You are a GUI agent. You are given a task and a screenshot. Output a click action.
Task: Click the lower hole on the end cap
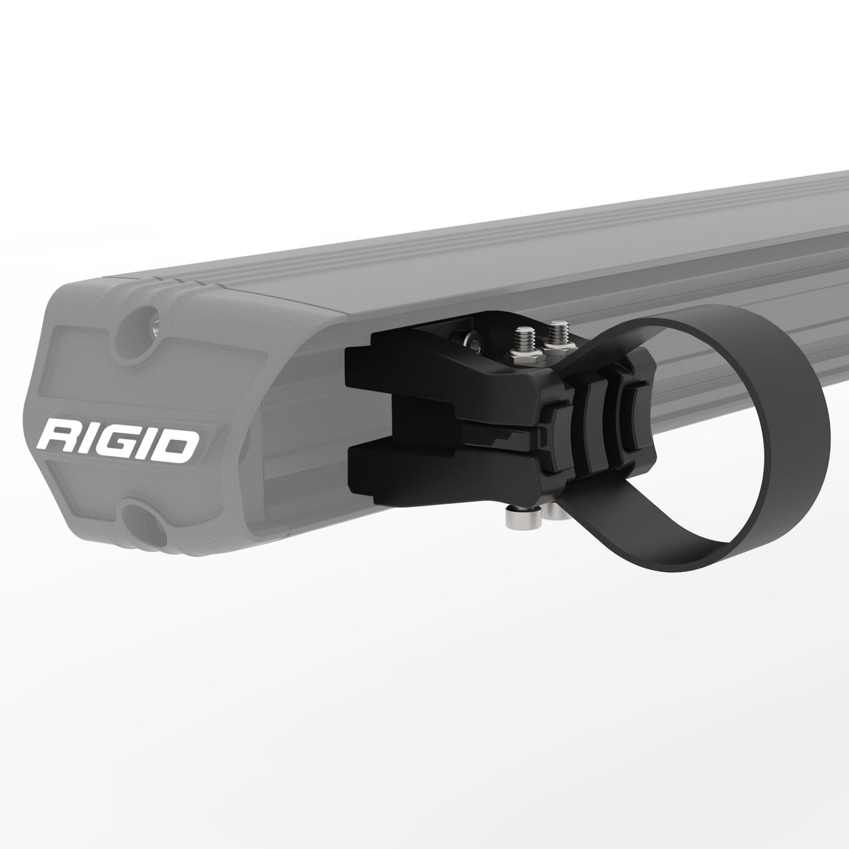[138, 518]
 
